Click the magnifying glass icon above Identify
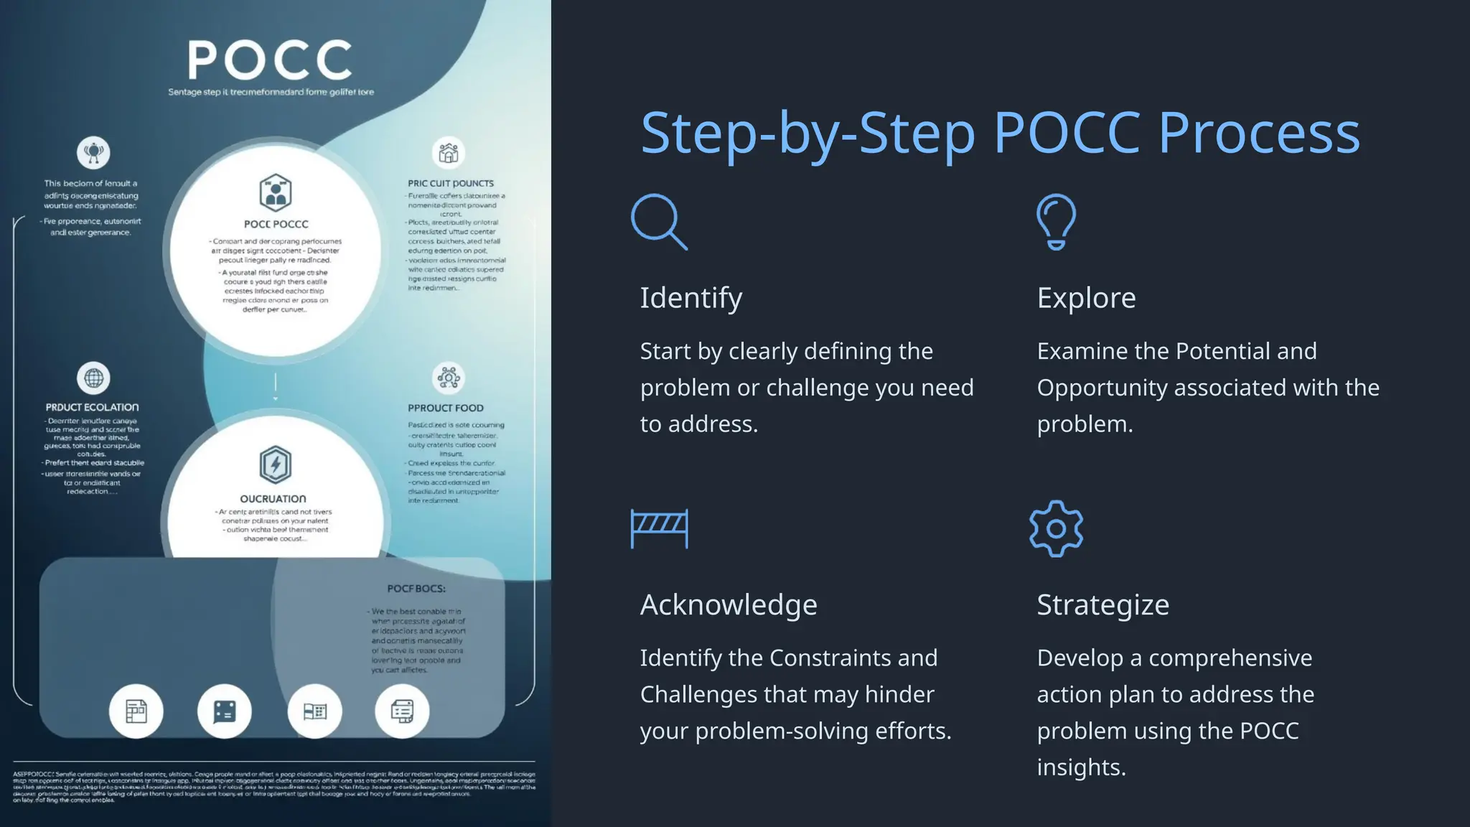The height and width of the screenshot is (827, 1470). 658,221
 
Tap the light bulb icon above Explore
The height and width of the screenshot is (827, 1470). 1056,221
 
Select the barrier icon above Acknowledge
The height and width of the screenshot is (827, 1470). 659,528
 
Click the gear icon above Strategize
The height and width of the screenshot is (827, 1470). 1056,529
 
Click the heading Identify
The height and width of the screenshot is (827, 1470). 690,298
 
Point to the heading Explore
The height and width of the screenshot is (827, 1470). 1086,298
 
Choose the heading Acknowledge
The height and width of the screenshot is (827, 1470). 729,604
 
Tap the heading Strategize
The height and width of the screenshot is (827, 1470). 1102,604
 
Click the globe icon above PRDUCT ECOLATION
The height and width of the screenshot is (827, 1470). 93,378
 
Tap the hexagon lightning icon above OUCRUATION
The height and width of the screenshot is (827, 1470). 275,464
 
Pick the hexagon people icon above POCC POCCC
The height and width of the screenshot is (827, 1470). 275,192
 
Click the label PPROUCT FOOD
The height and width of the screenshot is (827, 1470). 446,408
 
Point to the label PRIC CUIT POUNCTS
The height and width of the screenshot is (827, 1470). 451,183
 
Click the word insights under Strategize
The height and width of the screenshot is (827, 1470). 1081,767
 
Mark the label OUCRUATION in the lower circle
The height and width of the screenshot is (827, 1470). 273,499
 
